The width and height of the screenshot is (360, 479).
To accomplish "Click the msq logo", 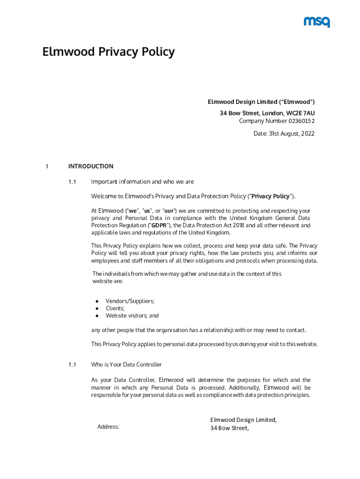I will (x=317, y=22).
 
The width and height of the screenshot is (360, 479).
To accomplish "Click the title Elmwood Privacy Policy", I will (x=108, y=51).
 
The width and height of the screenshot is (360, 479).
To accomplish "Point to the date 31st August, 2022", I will (x=291, y=134).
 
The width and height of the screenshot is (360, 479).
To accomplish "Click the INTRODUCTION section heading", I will (x=91, y=166).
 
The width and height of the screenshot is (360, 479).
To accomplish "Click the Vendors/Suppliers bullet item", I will (x=130, y=301).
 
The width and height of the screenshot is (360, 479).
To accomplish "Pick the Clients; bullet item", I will (x=115, y=308).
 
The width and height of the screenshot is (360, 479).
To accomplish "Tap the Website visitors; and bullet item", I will (x=132, y=316).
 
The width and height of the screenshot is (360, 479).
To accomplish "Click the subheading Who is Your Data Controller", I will (x=126, y=365).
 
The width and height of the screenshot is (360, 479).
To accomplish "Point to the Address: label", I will (x=108, y=427).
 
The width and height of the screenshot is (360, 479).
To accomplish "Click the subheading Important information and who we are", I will (x=142, y=181).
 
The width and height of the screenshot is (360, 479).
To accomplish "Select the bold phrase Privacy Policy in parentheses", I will (x=271, y=196).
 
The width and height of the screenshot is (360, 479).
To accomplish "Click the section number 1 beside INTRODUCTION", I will (x=47, y=166).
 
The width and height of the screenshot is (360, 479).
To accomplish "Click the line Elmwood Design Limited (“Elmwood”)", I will (x=261, y=102).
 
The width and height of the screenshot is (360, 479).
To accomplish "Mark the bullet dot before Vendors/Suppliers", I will (x=97, y=301).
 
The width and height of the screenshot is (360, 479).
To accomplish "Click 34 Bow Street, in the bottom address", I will (x=229, y=428).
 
